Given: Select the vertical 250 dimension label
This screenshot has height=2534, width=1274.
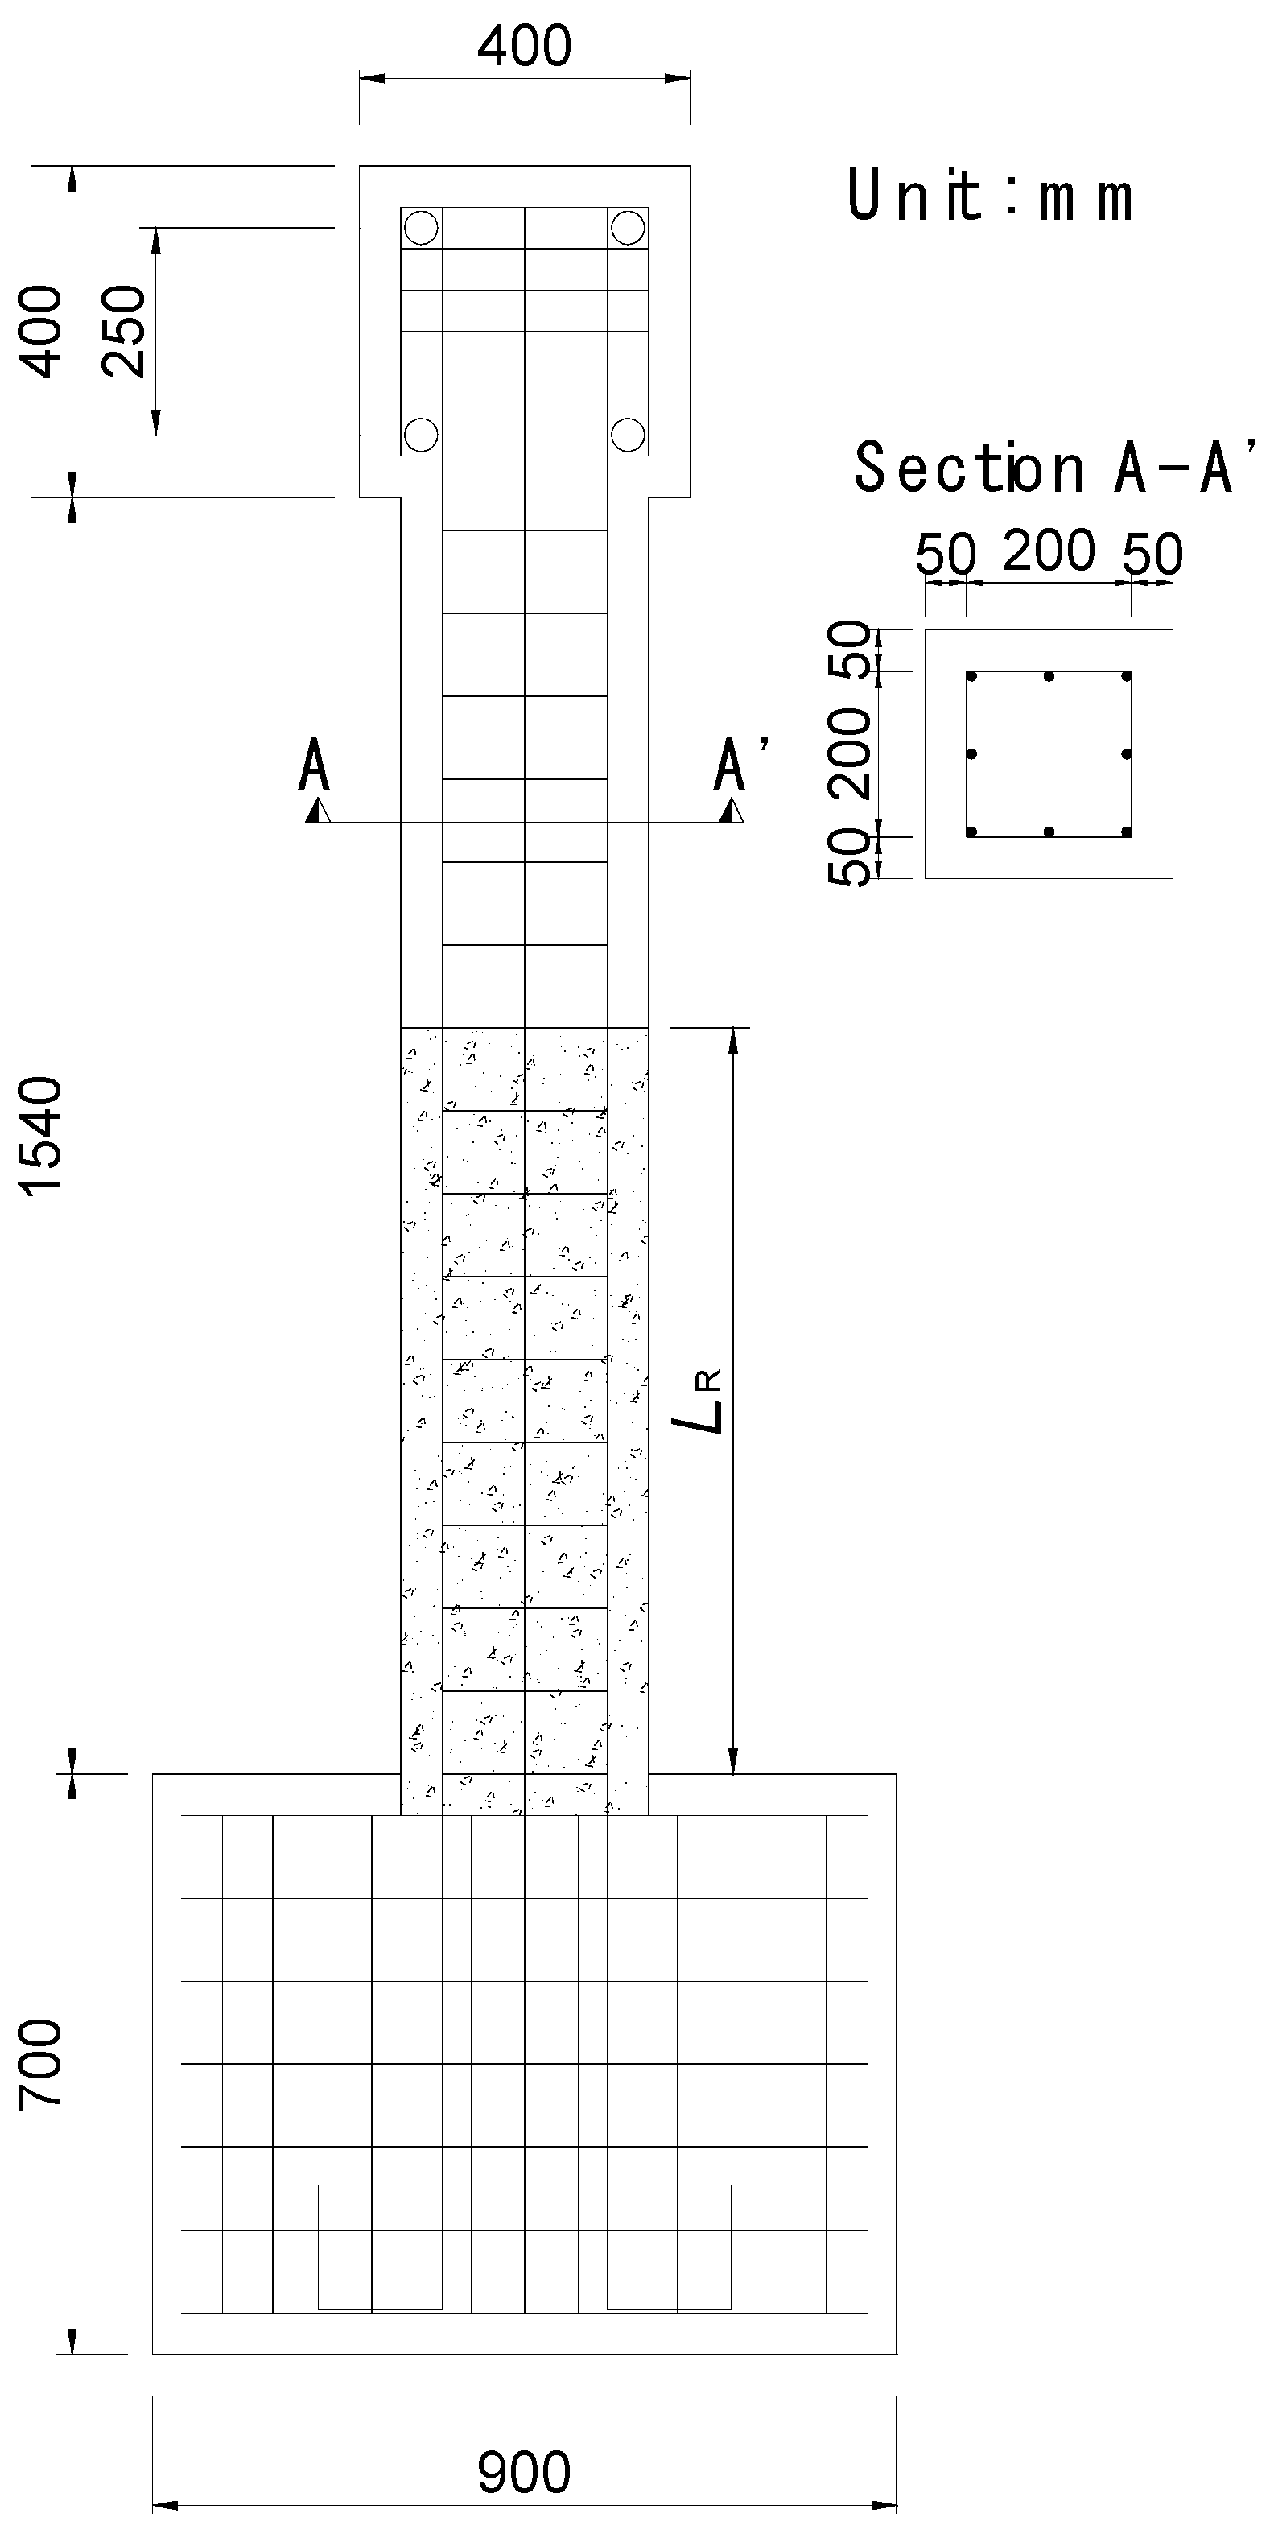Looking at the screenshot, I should click(125, 331).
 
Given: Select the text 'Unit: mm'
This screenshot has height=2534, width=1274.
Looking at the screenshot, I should click(990, 196).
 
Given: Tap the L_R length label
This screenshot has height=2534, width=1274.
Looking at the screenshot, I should click(705, 1401).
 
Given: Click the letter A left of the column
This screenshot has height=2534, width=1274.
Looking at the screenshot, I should click(314, 767).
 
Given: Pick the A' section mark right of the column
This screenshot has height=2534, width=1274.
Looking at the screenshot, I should click(733, 766).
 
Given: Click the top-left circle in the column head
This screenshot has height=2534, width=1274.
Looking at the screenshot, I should click(421, 227).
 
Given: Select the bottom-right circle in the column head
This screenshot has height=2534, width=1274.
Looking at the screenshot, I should click(628, 433).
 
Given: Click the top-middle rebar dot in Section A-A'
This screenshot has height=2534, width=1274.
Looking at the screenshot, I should click(1049, 677).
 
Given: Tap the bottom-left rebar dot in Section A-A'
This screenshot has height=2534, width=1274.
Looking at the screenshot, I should click(971, 832).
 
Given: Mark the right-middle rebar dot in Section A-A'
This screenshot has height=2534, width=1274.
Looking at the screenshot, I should click(1127, 754).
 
